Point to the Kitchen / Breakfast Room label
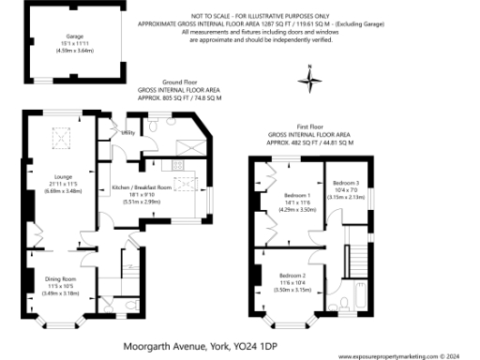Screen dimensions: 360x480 coord(141,187)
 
